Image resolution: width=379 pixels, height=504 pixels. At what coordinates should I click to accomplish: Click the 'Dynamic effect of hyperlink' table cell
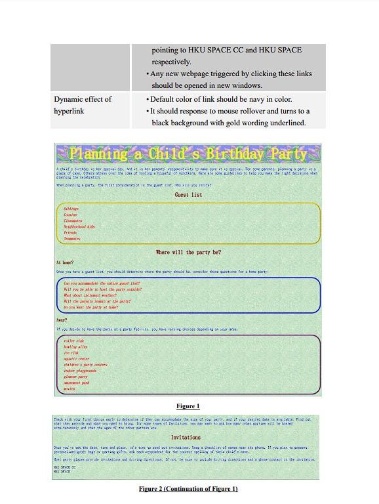click(x=83, y=105)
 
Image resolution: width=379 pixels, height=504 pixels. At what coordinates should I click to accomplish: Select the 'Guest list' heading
click(x=188, y=195)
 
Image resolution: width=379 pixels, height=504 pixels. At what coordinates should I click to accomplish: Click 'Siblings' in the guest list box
click(x=71, y=209)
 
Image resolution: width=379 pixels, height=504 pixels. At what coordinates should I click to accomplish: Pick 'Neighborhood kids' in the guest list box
click(x=79, y=226)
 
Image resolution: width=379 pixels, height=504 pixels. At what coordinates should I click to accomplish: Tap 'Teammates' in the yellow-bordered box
click(x=72, y=239)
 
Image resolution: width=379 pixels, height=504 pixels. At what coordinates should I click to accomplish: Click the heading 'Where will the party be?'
click(x=188, y=252)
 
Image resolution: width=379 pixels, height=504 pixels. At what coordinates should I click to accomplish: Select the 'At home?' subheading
click(x=65, y=262)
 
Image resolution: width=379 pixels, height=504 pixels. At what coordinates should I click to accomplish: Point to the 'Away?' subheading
click(x=62, y=320)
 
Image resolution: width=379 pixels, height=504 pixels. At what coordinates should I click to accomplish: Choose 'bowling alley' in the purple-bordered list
click(x=76, y=346)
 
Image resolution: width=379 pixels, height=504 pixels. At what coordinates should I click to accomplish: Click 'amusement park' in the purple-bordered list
click(x=77, y=383)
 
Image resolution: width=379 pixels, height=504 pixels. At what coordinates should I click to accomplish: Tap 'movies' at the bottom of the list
click(x=70, y=388)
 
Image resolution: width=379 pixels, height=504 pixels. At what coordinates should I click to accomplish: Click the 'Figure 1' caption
click(x=188, y=406)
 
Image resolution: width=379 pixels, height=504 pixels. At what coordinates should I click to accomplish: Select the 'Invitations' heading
click(x=186, y=437)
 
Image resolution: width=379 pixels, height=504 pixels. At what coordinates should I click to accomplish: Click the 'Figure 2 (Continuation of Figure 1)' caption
click(x=188, y=489)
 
